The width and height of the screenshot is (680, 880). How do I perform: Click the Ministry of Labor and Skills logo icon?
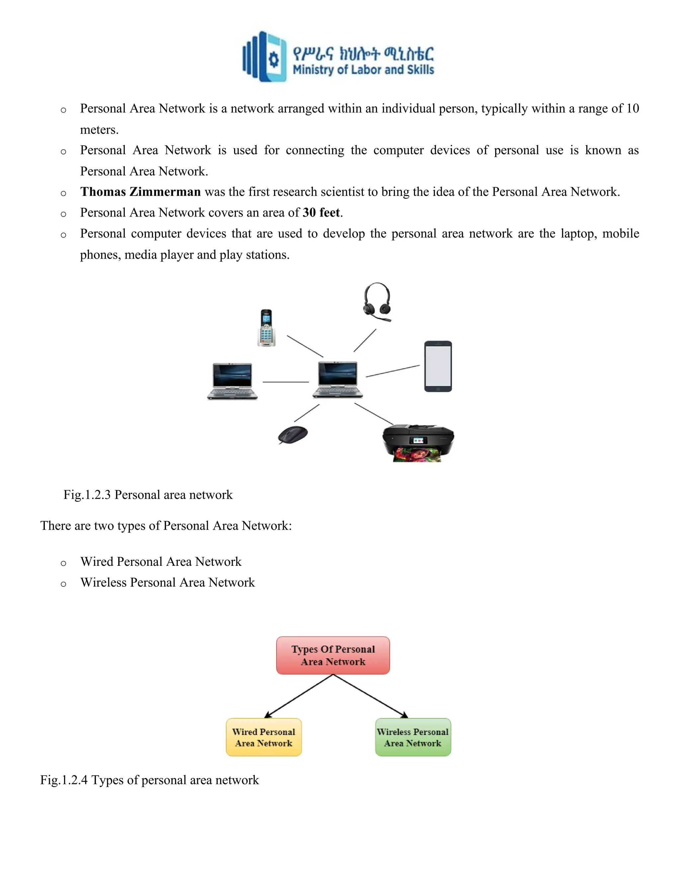click(x=265, y=57)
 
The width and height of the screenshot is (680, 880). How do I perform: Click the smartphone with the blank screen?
click(x=438, y=366)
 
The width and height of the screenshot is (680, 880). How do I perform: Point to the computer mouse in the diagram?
click(x=293, y=435)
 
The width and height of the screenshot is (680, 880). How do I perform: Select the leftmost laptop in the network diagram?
click(x=232, y=381)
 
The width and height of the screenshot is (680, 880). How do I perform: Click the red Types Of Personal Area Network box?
click(x=333, y=656)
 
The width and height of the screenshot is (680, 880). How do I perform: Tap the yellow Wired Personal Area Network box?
click(x=264, y=737)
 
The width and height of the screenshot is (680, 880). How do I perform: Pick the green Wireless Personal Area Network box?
click(x=413, y=737)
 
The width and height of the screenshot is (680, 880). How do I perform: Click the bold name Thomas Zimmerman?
click(x=140, y=192)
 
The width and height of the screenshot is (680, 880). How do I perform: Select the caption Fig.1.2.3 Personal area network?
click(x=148, y=495)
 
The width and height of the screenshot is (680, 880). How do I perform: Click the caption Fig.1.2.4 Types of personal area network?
click(x=149, y=780)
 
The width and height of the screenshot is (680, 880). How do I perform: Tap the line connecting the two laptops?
click(x=286, y=382)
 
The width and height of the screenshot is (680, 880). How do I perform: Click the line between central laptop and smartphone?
click(x=392, y=371)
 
